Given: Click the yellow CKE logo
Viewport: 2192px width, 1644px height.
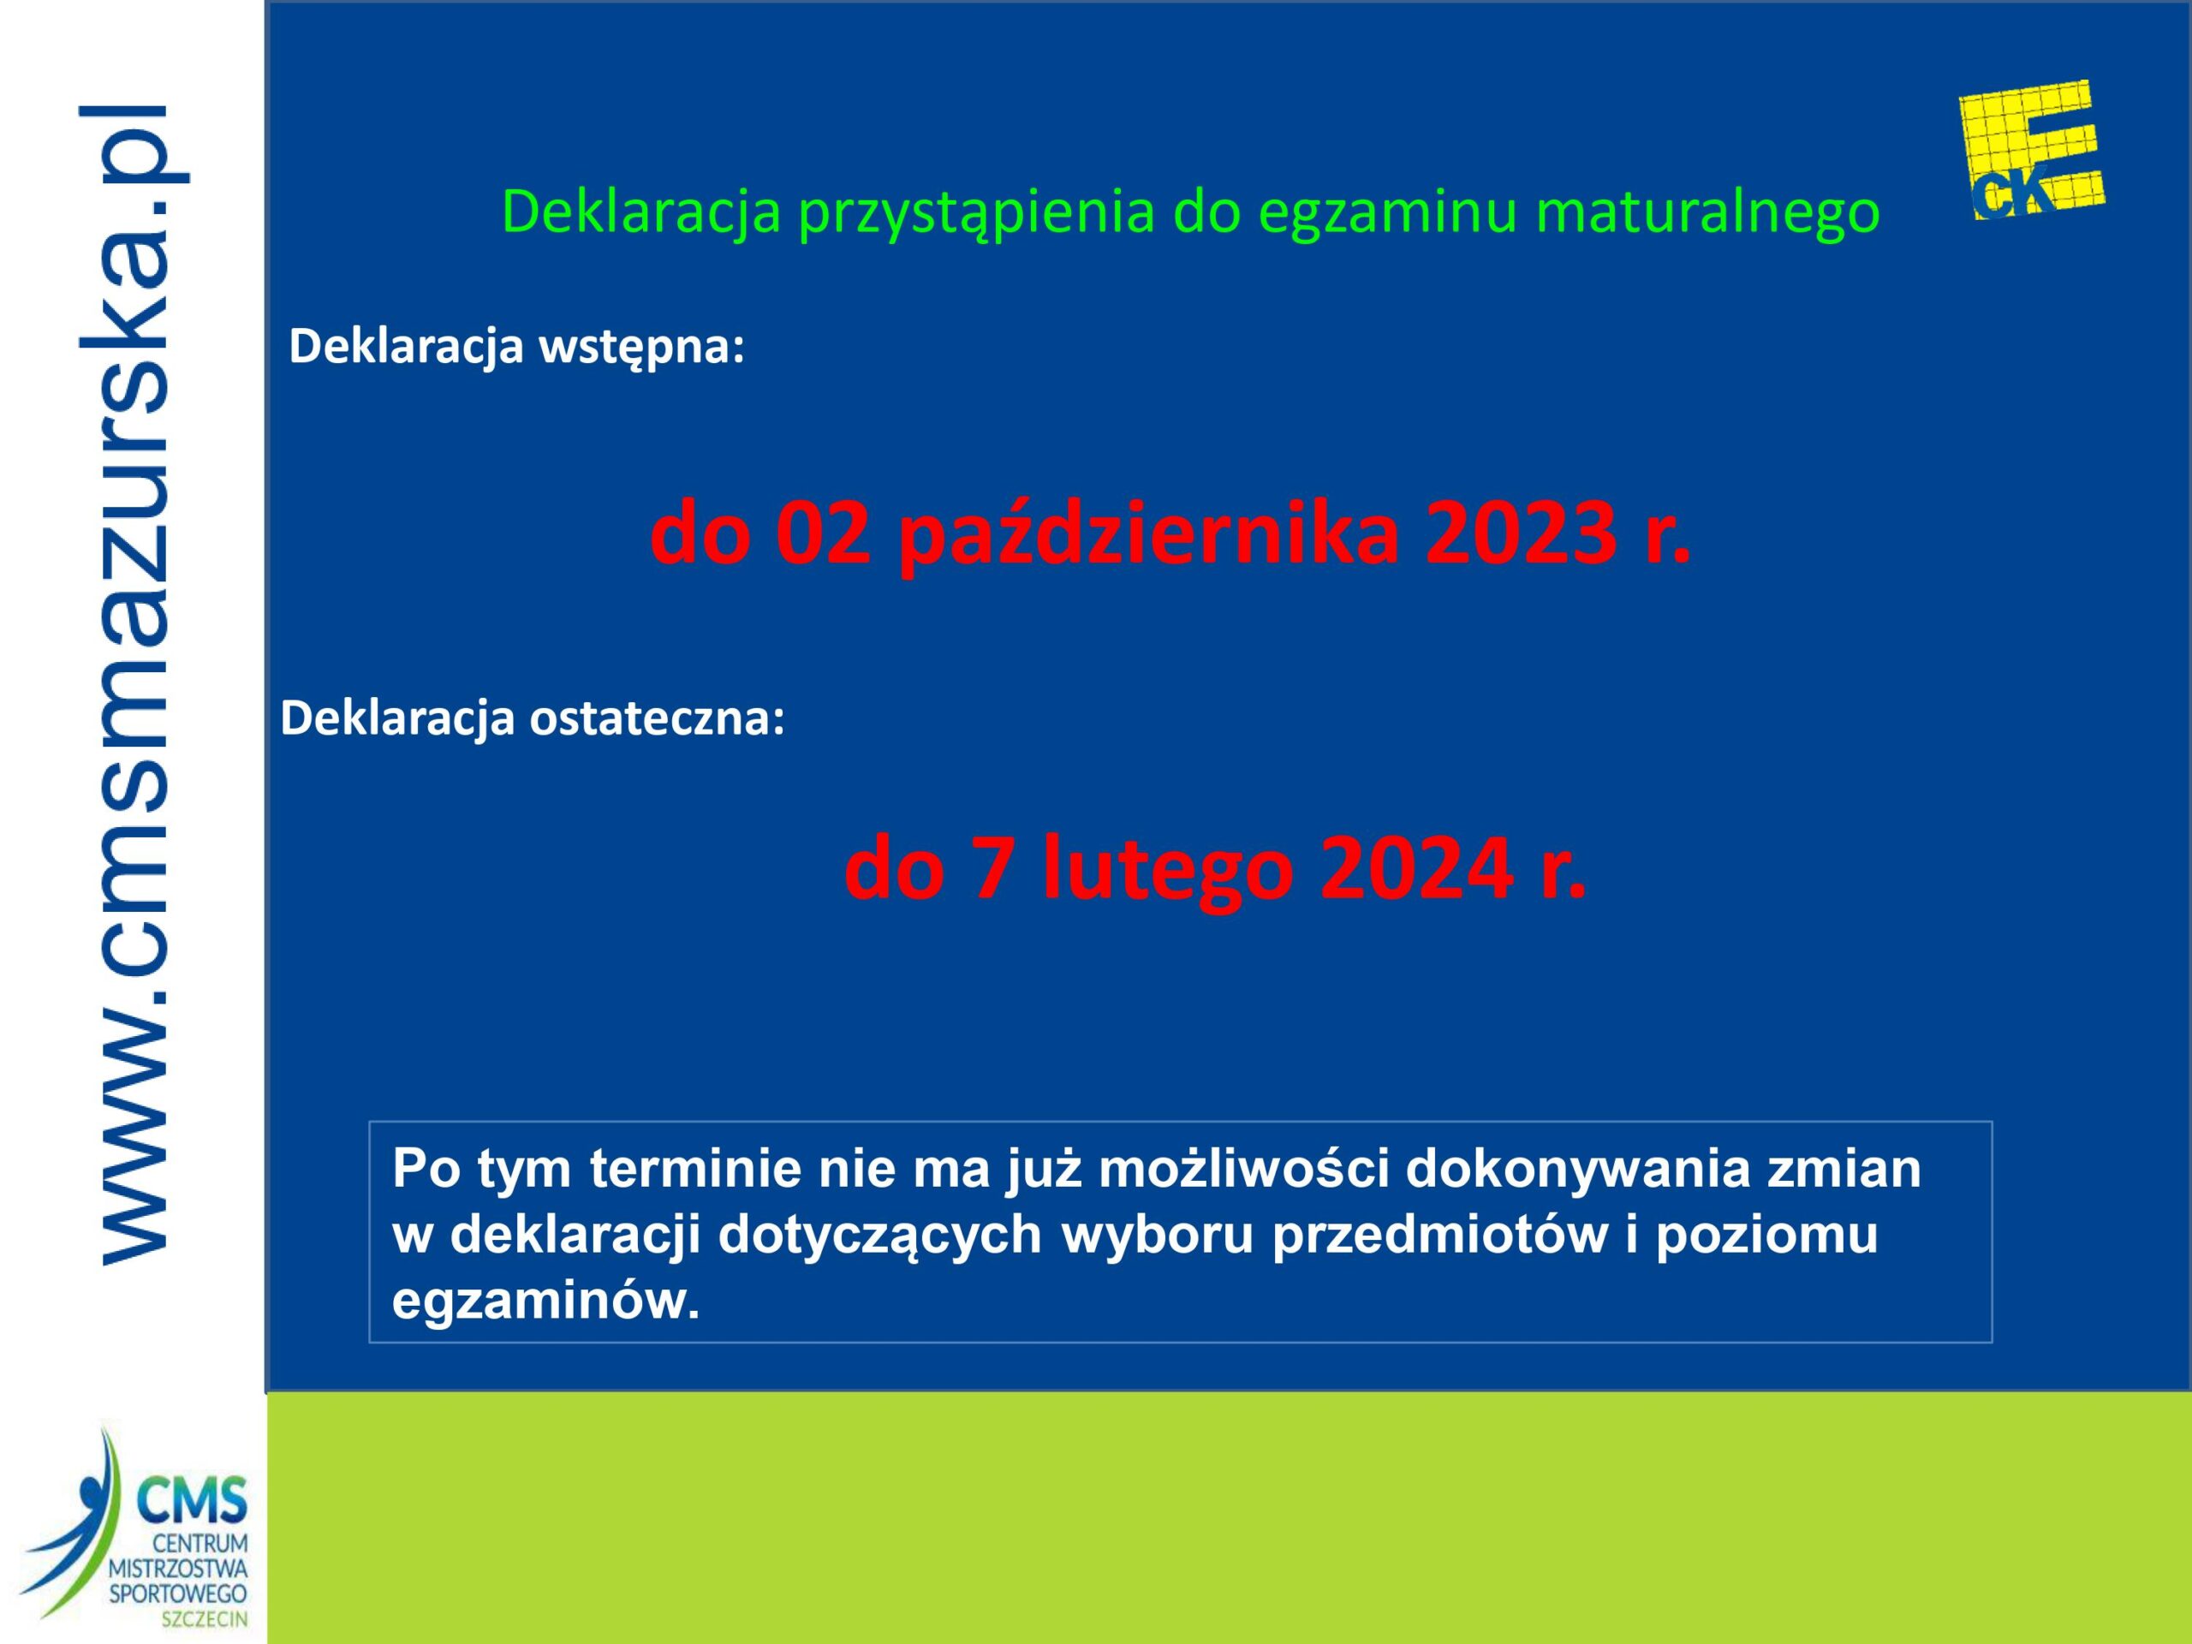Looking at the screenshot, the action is point(2032,150).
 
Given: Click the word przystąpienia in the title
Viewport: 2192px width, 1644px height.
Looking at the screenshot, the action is point(976,211).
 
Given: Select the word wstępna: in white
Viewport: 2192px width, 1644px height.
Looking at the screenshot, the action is point(640,347).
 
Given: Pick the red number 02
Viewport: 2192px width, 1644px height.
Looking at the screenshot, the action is point(823,534).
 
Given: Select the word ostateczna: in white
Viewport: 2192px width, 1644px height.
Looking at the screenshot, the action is point(657,718).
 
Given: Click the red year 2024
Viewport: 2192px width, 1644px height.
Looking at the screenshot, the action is point(1417,869).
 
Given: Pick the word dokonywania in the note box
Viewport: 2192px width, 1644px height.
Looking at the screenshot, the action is point(1577,1170).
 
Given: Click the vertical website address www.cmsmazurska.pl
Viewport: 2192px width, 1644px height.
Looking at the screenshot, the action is point(134,684).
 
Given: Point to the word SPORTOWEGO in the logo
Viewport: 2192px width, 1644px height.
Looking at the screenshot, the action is point(178,1593).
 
